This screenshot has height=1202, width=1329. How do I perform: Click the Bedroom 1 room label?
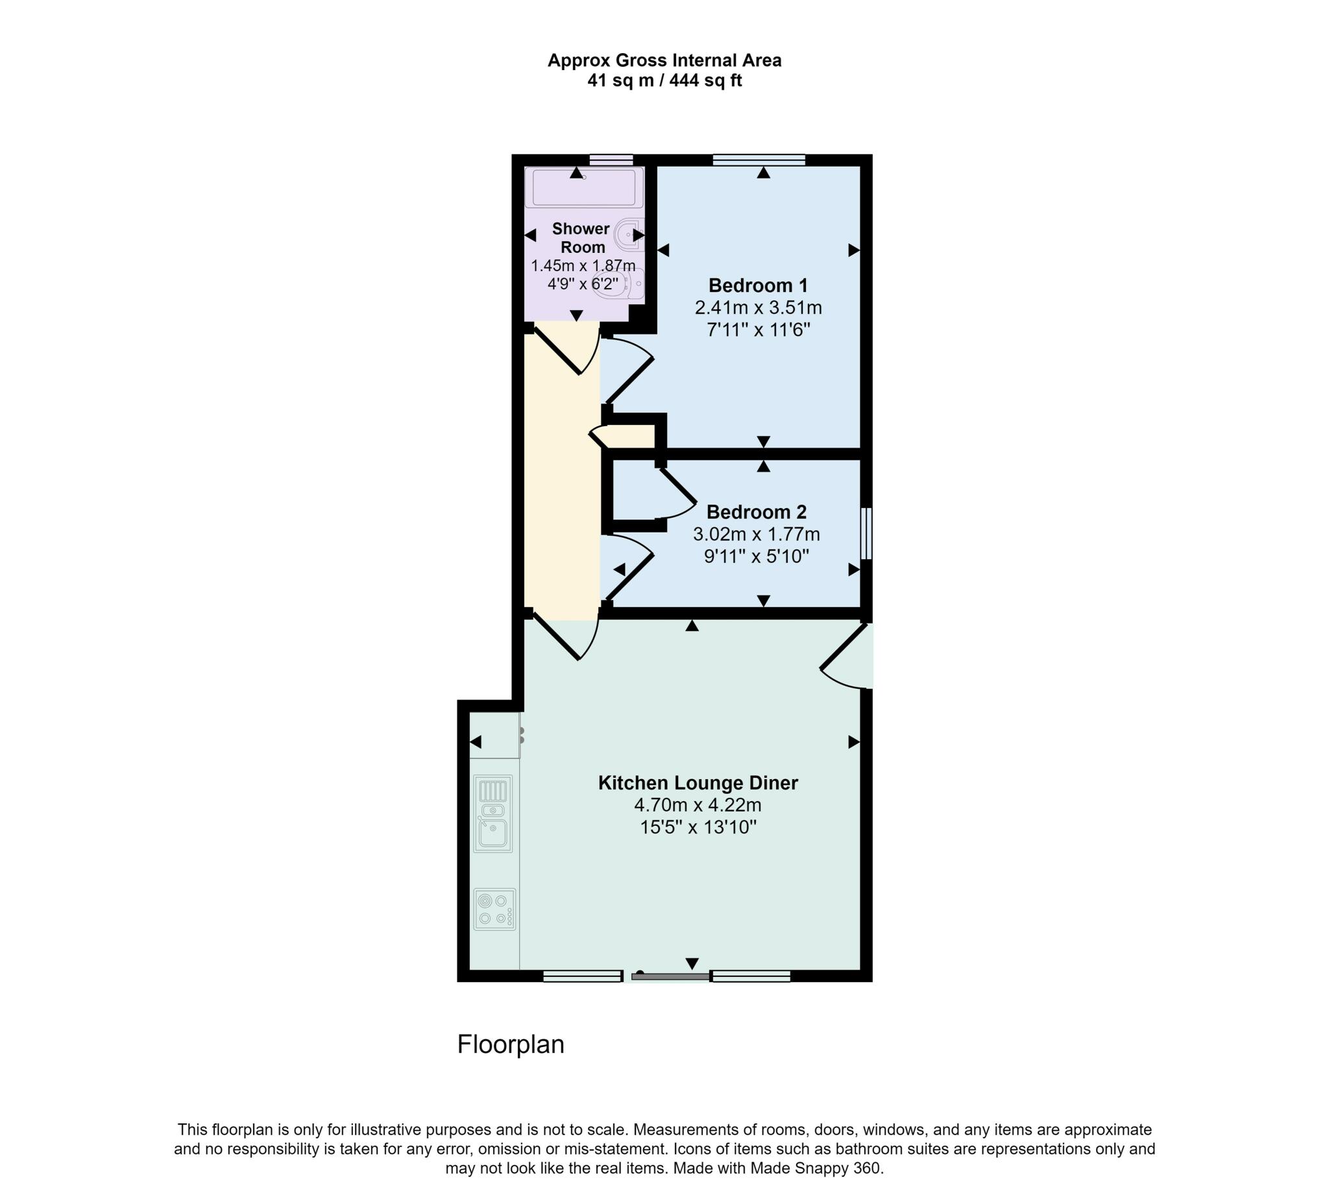(757, 285)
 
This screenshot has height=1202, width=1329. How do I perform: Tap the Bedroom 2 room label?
(756, 512)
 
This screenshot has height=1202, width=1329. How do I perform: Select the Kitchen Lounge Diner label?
(698, 783)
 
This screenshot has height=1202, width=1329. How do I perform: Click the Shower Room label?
(581, 238)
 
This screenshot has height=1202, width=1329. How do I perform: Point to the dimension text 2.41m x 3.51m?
(758, 307)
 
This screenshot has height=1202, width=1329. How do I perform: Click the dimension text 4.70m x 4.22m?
(698, 805)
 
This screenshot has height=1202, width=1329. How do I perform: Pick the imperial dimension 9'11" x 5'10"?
(756, 557)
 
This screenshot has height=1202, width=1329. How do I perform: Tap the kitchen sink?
(493, 815)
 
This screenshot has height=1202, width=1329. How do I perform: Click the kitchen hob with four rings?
(494, 909)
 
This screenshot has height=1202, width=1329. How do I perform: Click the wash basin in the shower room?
(629, 234)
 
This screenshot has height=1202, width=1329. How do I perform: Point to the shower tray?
(583, 187)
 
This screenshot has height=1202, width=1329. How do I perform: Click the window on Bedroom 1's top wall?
(759, 160)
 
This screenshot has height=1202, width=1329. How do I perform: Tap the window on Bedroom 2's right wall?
(867, 533)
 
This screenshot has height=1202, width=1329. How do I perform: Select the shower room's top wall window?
(611, 160)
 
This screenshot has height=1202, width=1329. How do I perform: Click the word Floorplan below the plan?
(511, 1044)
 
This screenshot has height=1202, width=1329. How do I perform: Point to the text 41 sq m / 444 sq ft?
(664, 80)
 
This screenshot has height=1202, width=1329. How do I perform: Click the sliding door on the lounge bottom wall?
(670, 976)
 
